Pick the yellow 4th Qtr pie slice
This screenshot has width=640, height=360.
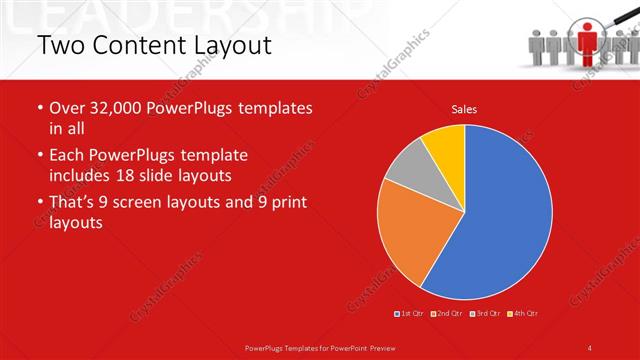[x=444, y=146]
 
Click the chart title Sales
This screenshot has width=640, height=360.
[x=464, y=108]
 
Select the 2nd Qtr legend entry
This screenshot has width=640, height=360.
[x=449, y=314]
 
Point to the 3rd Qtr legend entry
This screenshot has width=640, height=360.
[x=486, y=314]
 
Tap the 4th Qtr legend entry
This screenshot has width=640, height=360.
[x=524, y=314]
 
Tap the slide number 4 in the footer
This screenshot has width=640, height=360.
[x=590, y=347]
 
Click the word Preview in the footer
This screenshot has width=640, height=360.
[x=381, y=347]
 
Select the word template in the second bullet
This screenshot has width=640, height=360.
[x=212, y=156]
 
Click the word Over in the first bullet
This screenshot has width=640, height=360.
[x=68, y=108]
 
